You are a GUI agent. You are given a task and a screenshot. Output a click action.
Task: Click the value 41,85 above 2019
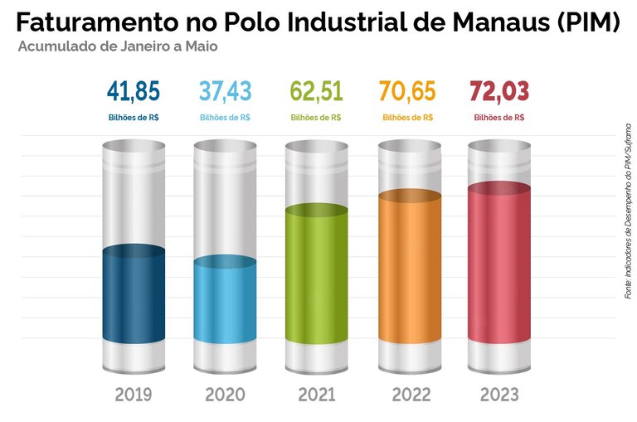134,90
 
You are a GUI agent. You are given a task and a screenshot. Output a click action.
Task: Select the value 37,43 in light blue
225,90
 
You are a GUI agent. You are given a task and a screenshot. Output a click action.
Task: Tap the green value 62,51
316,90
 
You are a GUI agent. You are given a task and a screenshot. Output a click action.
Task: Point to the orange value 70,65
407,90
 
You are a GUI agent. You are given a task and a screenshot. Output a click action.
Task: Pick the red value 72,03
499,90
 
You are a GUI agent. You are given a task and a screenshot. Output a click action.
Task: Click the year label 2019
134,394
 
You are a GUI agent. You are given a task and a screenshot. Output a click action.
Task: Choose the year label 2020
225,394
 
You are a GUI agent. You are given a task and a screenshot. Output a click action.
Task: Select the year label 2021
316,394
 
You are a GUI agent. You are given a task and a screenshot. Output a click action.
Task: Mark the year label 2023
499,394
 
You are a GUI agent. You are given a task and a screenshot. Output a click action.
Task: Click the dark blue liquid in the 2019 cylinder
134,298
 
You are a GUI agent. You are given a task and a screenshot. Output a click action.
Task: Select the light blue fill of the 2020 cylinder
225,303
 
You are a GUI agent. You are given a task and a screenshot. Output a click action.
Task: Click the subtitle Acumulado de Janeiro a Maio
118,46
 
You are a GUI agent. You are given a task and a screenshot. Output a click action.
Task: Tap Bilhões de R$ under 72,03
499,118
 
